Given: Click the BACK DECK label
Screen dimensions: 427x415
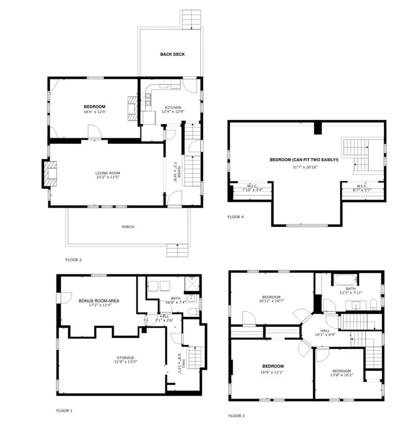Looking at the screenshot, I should pos(172,54).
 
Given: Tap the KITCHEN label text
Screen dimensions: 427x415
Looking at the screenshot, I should pos(173,108).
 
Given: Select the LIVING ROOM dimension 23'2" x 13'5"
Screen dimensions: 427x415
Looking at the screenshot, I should pos(108,178).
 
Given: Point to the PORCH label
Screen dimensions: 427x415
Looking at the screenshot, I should pos(128,227).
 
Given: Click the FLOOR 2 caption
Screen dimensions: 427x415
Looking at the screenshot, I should pos(73,260).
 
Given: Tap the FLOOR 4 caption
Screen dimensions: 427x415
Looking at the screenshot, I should pos(236,217).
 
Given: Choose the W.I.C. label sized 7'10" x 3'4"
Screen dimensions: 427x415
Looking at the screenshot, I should pos(252,188).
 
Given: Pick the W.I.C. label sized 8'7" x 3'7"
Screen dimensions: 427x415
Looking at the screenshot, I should pos(362,188).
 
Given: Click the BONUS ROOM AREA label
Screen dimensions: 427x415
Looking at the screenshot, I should pos(99,301).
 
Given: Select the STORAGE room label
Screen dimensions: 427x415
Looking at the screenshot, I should pos(125,358).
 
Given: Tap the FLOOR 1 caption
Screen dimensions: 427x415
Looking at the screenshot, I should pos(64,411).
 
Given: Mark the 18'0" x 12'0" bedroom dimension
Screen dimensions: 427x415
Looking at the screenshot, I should pos(95,112).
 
